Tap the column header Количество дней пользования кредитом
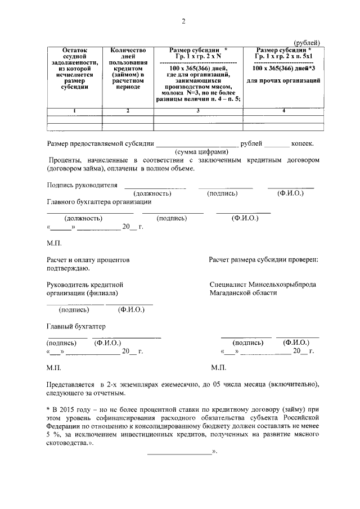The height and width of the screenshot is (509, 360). pos(128,69)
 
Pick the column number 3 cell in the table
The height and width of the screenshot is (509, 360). pos(198,110)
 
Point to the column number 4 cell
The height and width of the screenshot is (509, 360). pos(283,110)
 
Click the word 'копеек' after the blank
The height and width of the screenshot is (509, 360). pos(305,143)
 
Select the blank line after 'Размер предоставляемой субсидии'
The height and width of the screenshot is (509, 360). pos(197,145)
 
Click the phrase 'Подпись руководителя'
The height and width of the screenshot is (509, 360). pos(82,185)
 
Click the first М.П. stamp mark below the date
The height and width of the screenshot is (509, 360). pos(55,244)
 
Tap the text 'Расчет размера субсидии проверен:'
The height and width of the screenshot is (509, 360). pos(263,260)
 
